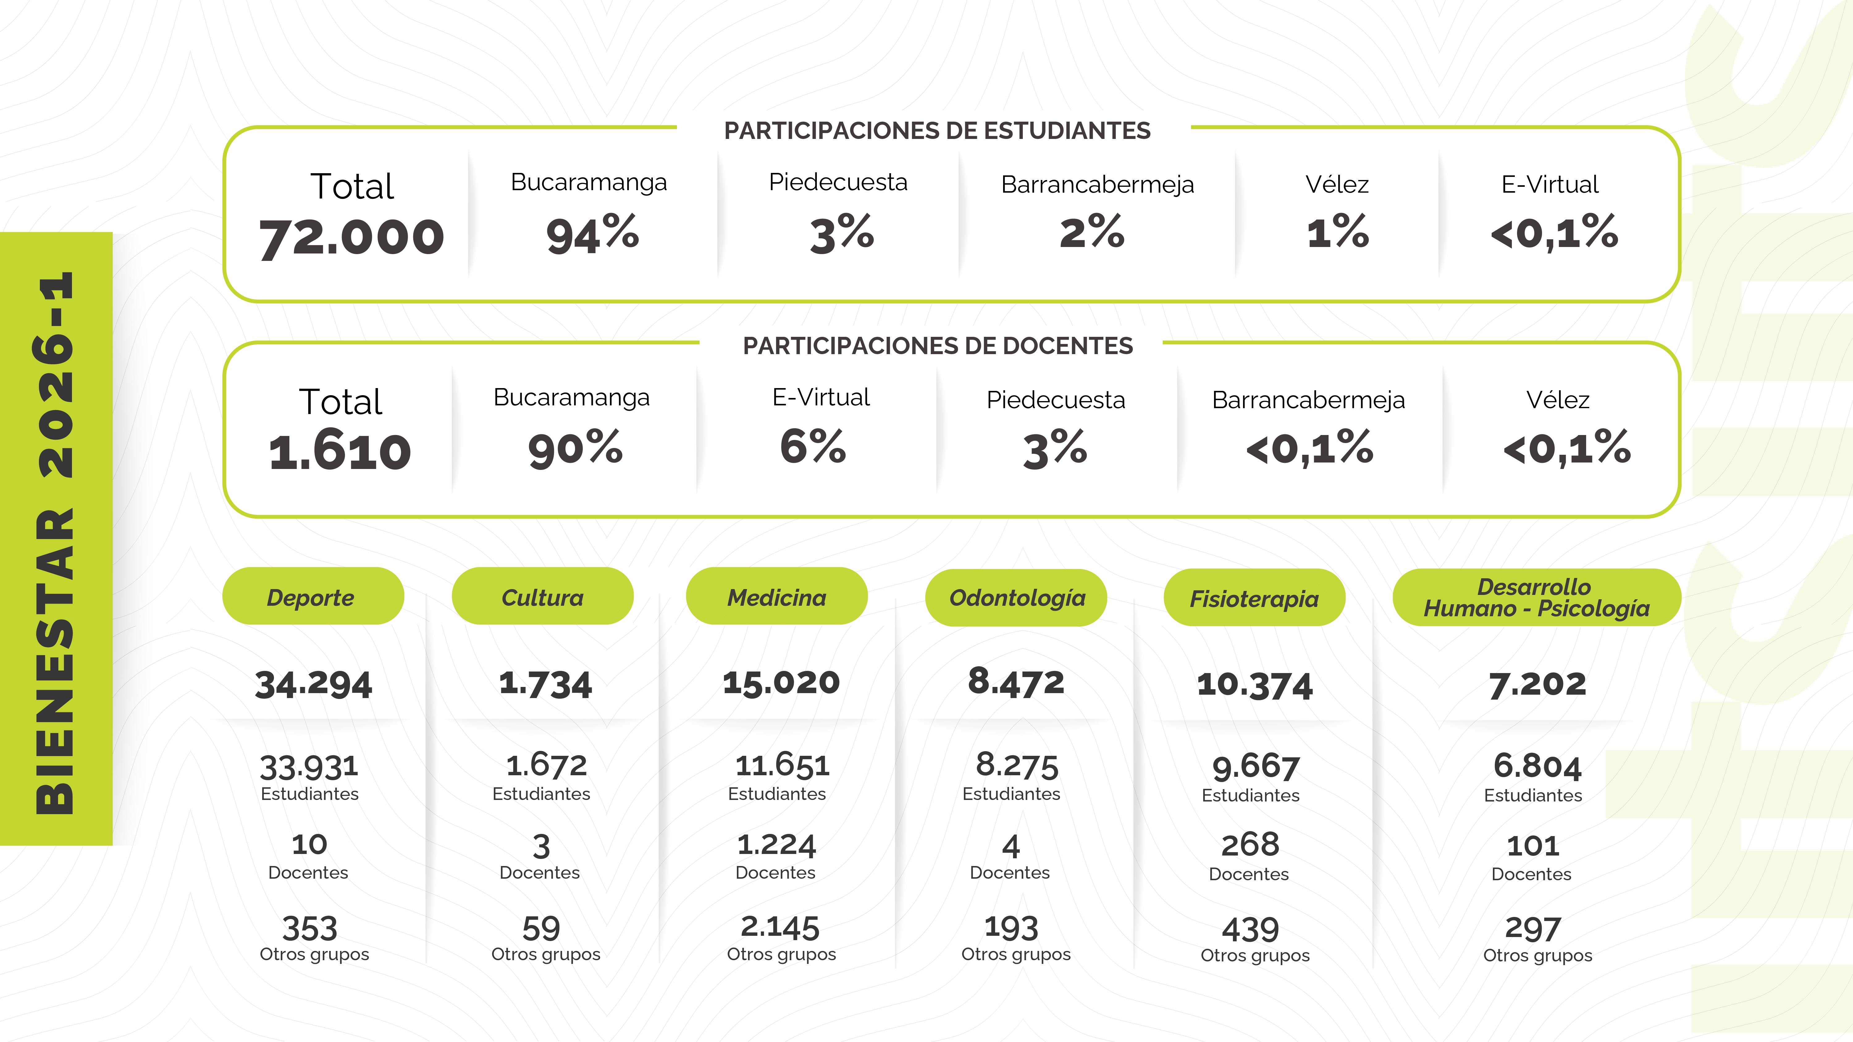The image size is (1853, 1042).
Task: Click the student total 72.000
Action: [x=352, y=237]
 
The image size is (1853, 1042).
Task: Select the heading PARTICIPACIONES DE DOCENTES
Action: [x=937, y=346]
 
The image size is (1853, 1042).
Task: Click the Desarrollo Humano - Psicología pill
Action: [x=1536, y=598]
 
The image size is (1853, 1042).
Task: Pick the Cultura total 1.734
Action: [x=545, y=683]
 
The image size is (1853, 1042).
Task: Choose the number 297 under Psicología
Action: [x=1533, y=929]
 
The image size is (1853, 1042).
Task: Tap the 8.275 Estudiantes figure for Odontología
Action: [x=1016, y=765]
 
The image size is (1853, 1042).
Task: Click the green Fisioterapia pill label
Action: [x=1254, y=598]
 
